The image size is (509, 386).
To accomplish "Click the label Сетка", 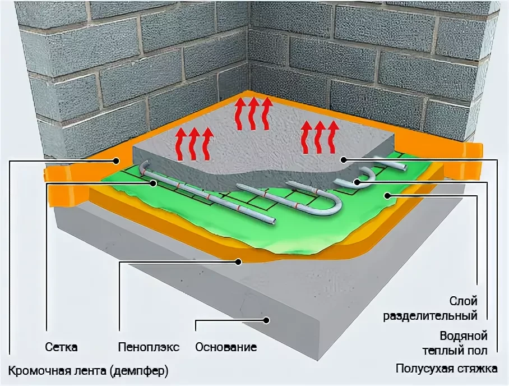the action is (x=61, y=347).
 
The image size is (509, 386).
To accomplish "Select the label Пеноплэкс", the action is (x=149, y=347).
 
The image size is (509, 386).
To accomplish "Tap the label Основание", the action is (x=226, y=347).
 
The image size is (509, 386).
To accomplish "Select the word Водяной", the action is (x=464, y=336).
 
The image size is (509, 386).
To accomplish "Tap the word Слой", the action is (x=463, y=301).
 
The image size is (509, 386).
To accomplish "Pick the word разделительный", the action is (x=430, y=316).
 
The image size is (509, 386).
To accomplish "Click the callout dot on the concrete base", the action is (x=266, y=320).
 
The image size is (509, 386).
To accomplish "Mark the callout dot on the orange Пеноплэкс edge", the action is (x=239, y=261).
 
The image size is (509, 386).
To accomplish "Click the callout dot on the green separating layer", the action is (x=387, y=195).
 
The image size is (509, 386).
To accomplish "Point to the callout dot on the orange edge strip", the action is (x=116, y=160).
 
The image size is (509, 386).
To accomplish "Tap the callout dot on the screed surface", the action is (x=344, y=159).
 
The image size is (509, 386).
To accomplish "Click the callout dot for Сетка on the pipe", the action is (x=154, y=183).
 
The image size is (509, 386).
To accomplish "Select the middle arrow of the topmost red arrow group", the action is (x=253, y=114).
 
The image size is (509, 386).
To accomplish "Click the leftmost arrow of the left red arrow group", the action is (x=179, y=144).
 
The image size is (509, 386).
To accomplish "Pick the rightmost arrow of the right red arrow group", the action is (x=332, y=137).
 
